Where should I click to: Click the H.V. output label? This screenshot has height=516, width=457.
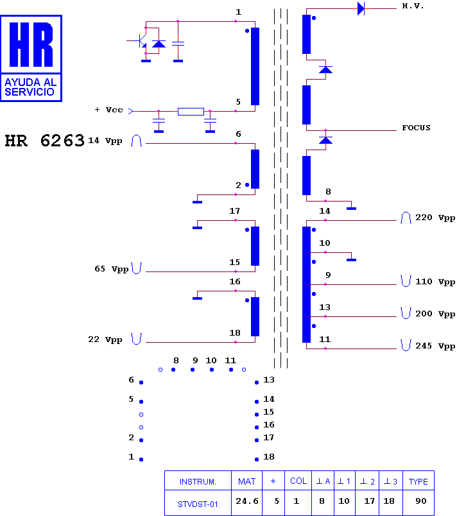point(413,6)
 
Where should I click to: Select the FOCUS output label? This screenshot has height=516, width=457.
point(416,128)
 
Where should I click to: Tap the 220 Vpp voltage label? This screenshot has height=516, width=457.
point(435,218)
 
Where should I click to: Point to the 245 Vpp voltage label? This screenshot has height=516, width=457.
point(435,346)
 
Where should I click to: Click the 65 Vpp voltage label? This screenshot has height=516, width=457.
point(112,269)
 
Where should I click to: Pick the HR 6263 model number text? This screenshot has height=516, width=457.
point(45,141)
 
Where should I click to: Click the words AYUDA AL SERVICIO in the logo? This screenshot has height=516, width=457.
point(30,87)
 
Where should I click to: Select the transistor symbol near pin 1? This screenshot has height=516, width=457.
point(141,41)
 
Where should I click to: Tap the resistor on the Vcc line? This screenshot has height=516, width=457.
point(191,112)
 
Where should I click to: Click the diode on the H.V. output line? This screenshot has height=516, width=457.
point(361,8)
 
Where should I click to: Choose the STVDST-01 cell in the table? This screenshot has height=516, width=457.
point(198,504)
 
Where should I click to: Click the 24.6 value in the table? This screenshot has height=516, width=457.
point(246,501)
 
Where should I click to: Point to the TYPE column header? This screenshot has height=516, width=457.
point(418,482)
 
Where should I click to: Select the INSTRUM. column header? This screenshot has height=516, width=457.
point(198,482)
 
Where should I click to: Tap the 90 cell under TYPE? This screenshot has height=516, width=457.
point(421,501)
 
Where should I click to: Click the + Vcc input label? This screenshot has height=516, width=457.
point(109,110)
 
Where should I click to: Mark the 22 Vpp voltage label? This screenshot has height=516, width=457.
point(105,340)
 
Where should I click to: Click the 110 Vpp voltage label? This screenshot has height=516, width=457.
point(435,282)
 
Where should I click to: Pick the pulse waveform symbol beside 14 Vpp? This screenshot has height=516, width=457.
point(136,141)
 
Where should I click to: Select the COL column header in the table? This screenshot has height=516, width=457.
point(298,481)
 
